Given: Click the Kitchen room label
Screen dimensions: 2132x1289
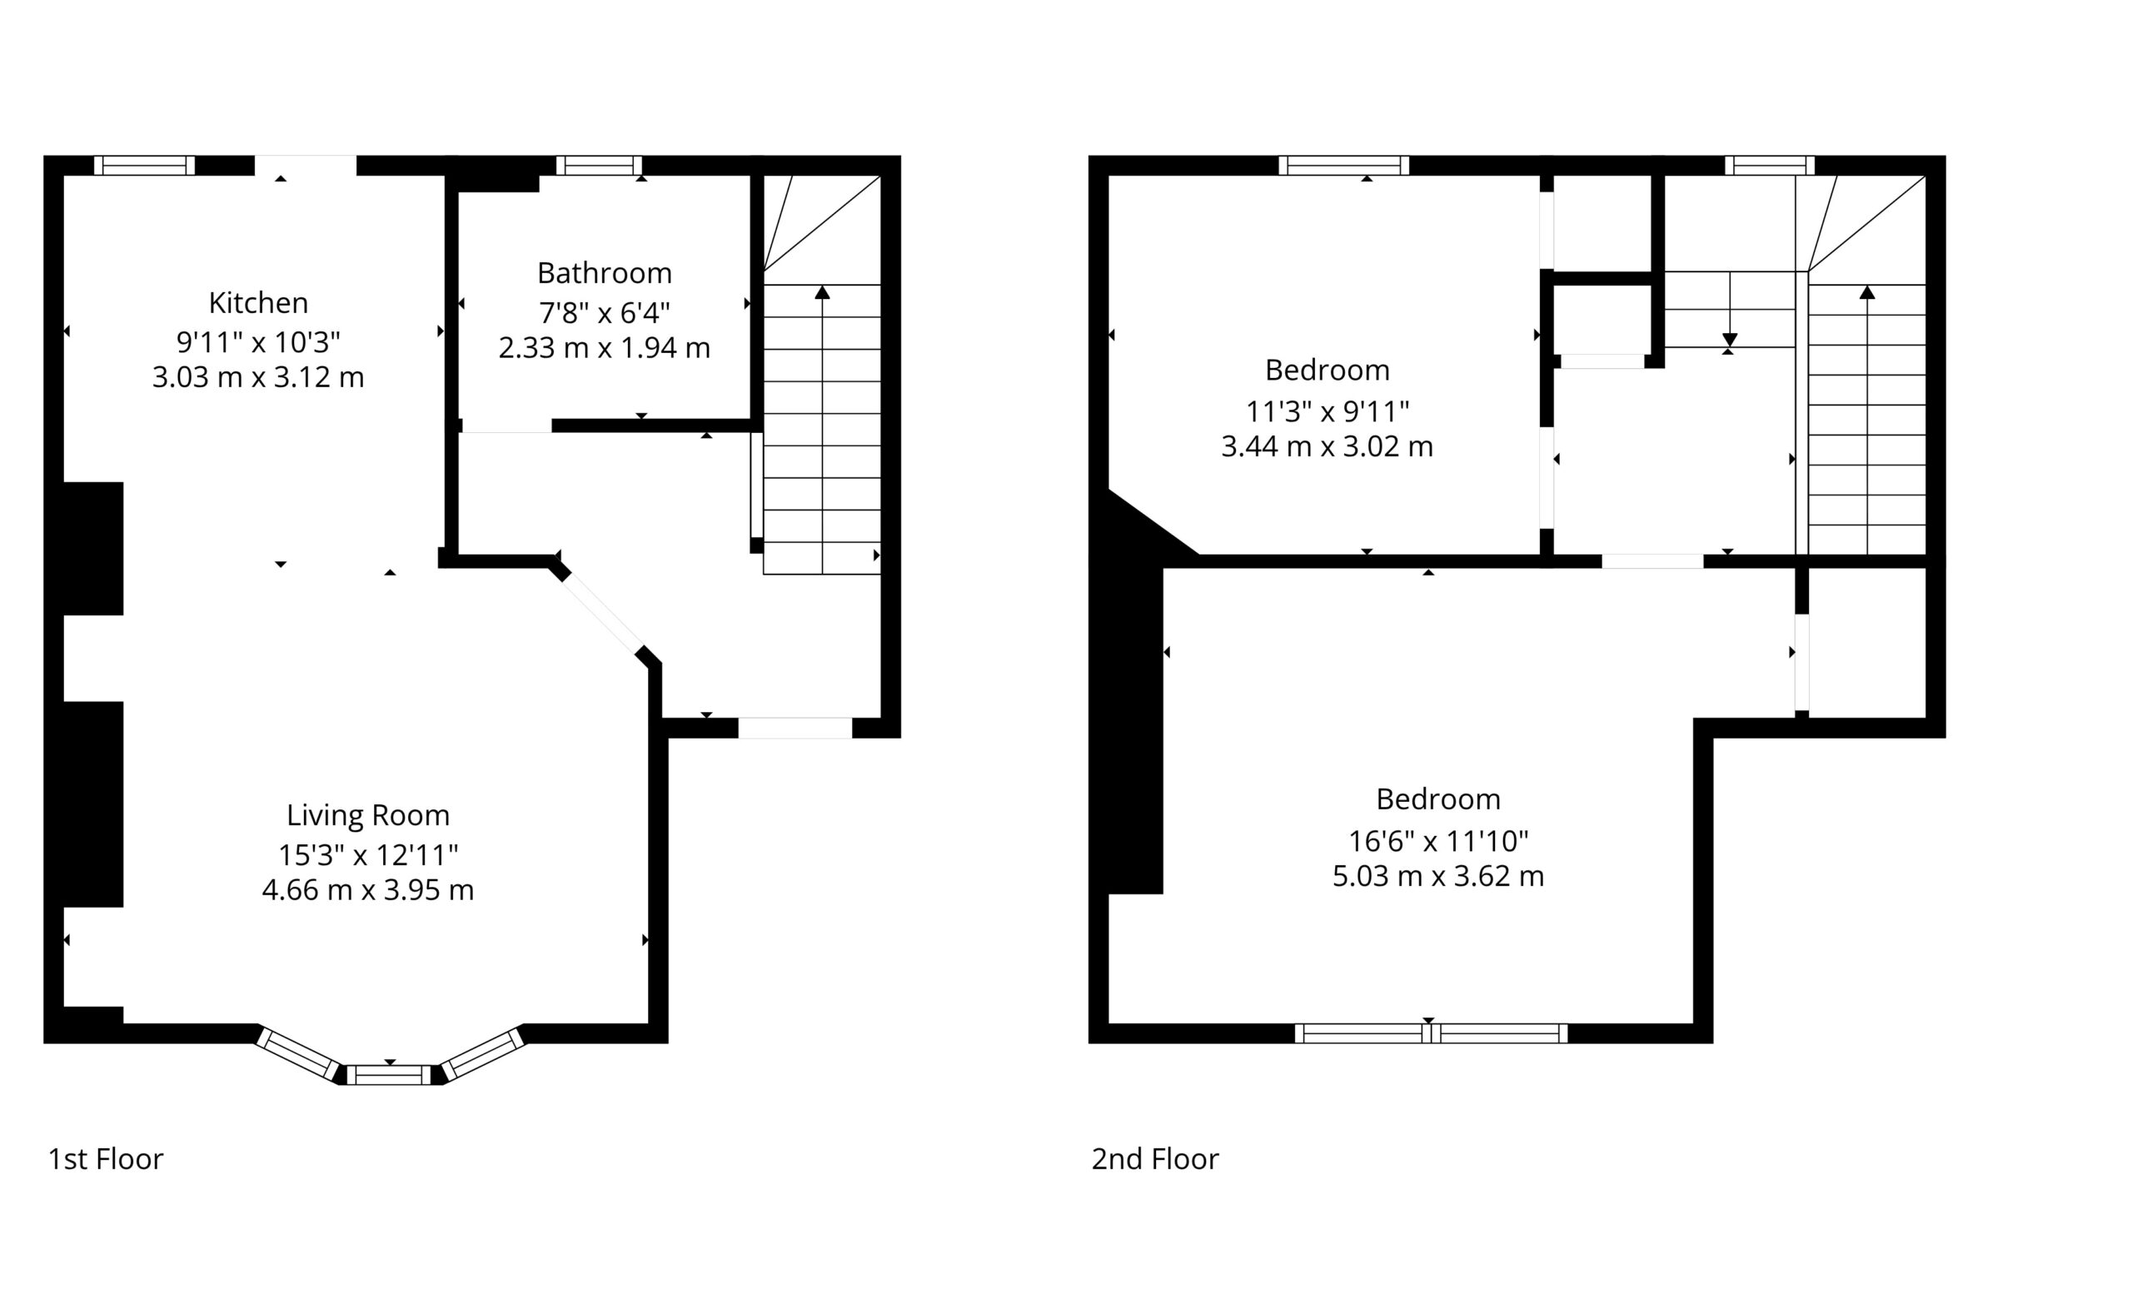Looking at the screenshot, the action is [258, 303].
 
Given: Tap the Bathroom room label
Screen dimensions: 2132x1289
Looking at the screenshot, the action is [604, 273].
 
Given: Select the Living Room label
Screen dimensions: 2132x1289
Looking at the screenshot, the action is [368, 816].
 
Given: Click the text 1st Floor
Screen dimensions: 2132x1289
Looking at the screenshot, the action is [106, 1159].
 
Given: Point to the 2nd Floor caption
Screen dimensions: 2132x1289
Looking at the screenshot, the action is [1155, 1159].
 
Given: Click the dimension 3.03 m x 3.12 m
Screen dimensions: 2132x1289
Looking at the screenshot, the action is [258, 378].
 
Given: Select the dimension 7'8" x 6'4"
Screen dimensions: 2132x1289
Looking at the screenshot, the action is [604, 311].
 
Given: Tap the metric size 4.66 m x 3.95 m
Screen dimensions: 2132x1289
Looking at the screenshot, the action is [368, 890].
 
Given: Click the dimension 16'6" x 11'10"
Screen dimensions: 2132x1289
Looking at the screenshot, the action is [1438, 840].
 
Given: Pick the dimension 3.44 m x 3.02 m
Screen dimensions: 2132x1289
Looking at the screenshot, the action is [1327, 446].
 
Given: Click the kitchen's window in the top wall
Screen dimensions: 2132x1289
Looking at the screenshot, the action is [145, 165].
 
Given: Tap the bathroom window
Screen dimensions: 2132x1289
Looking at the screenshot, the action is [599, 165].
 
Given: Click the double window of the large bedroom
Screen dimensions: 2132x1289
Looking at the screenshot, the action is [1431, 1033].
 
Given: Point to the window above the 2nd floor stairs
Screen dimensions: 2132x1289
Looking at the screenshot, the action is [1770, 165].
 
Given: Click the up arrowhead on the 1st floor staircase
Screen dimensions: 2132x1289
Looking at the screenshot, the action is [822, 292].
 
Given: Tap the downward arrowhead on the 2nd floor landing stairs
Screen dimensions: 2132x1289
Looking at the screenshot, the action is [1730, 340].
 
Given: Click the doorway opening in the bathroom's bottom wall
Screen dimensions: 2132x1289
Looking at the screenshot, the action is [507, 426].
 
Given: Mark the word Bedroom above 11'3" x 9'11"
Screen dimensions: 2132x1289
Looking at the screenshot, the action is [1327, 371].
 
